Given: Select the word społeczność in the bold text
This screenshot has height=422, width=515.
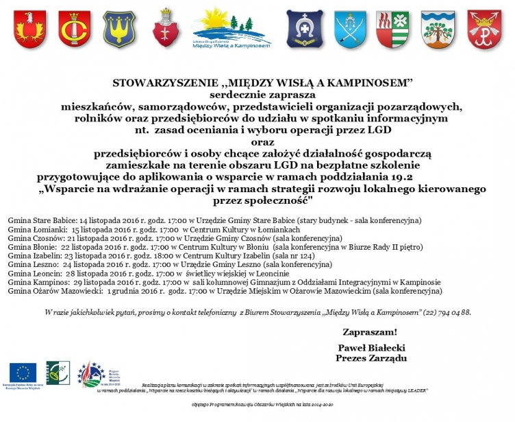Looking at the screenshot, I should coord(276,200).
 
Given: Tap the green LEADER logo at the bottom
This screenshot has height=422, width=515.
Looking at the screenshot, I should coord(58,372).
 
